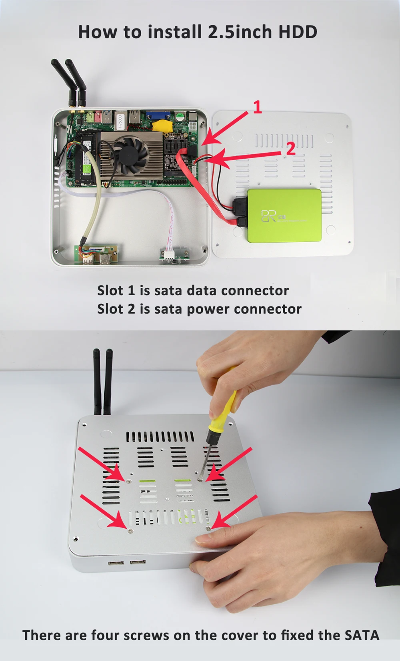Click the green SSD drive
(x=284, y=216)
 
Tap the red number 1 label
(x=257, y=107)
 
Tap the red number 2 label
(x=291, y=149)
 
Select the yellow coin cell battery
(x=162, y=126)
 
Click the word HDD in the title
(x=298, y=32)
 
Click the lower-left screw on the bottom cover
(x=130, y=531)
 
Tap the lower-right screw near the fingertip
(x=208, y=528)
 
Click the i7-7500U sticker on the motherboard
(x=119, y=121)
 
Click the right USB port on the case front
(x=137, y=563)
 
